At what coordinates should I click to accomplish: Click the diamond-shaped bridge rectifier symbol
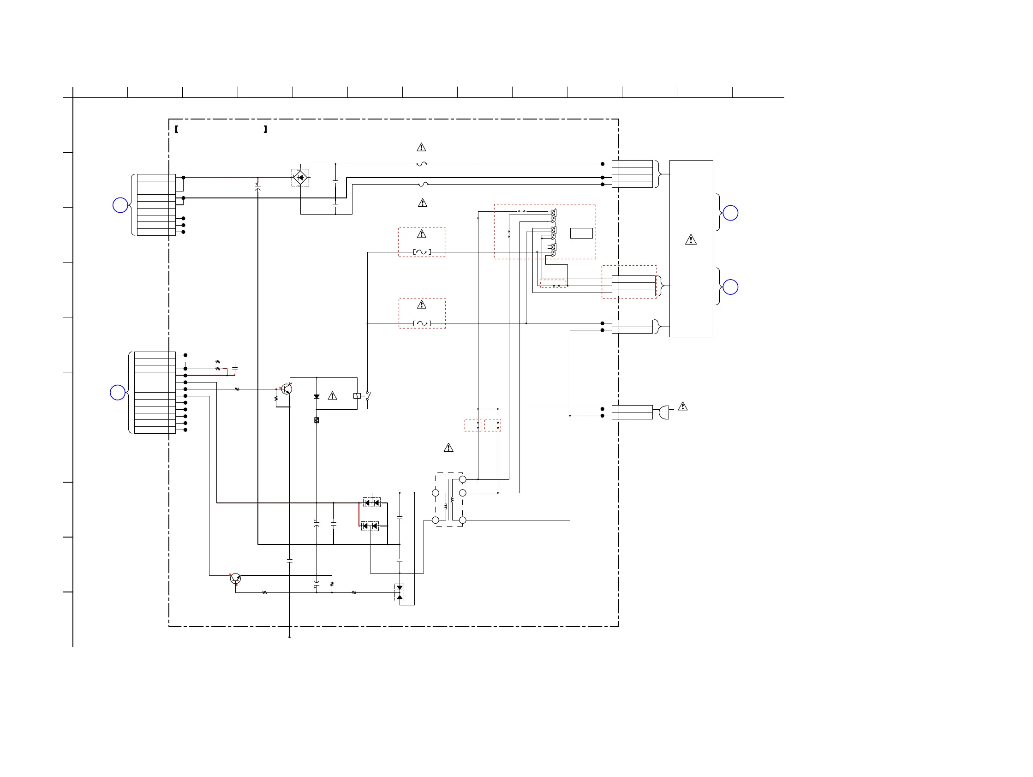[x=300, y=178]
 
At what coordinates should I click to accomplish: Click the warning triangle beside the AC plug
[x=683, y=406]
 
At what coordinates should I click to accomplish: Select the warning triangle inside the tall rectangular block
[x=691, y=240]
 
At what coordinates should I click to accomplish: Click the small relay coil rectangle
[x=357, y=396]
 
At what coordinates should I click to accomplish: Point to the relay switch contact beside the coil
[x=368, y=396]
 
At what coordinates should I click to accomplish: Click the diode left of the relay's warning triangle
[x=316, y=396]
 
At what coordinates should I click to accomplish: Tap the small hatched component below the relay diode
[x=316, y=420]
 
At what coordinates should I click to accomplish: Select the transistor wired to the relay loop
[x=287, y=388]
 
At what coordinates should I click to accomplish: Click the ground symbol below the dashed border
[x=290, y=637]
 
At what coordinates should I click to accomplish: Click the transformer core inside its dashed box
[x=449, y=500]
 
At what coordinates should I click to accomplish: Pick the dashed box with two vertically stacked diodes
[x=399, y=592]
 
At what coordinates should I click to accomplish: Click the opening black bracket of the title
[x=177, y=129]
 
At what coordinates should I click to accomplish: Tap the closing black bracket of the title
[x=265, y=129]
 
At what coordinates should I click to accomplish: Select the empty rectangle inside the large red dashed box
[x=581, y=233]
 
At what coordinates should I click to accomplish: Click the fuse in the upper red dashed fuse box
[x=422, y=252]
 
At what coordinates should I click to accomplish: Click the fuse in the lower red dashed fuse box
[x=422, y=323]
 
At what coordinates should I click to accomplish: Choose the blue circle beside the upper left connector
[x=120, y=205]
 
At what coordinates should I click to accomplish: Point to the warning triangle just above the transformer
[x=448, y=448]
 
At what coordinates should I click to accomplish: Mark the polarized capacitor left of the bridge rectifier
[x=258, y=187]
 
